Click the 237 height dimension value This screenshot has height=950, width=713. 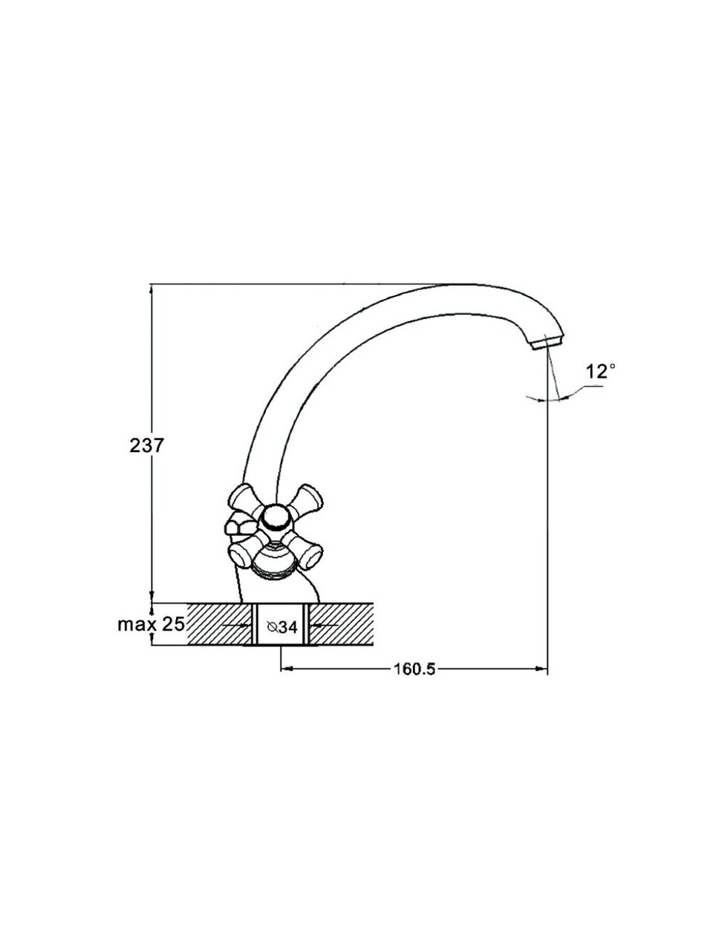(x=147, y=445)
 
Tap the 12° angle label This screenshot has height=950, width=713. (x=600, y=372)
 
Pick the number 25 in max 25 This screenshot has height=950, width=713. (x=173, y=623)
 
